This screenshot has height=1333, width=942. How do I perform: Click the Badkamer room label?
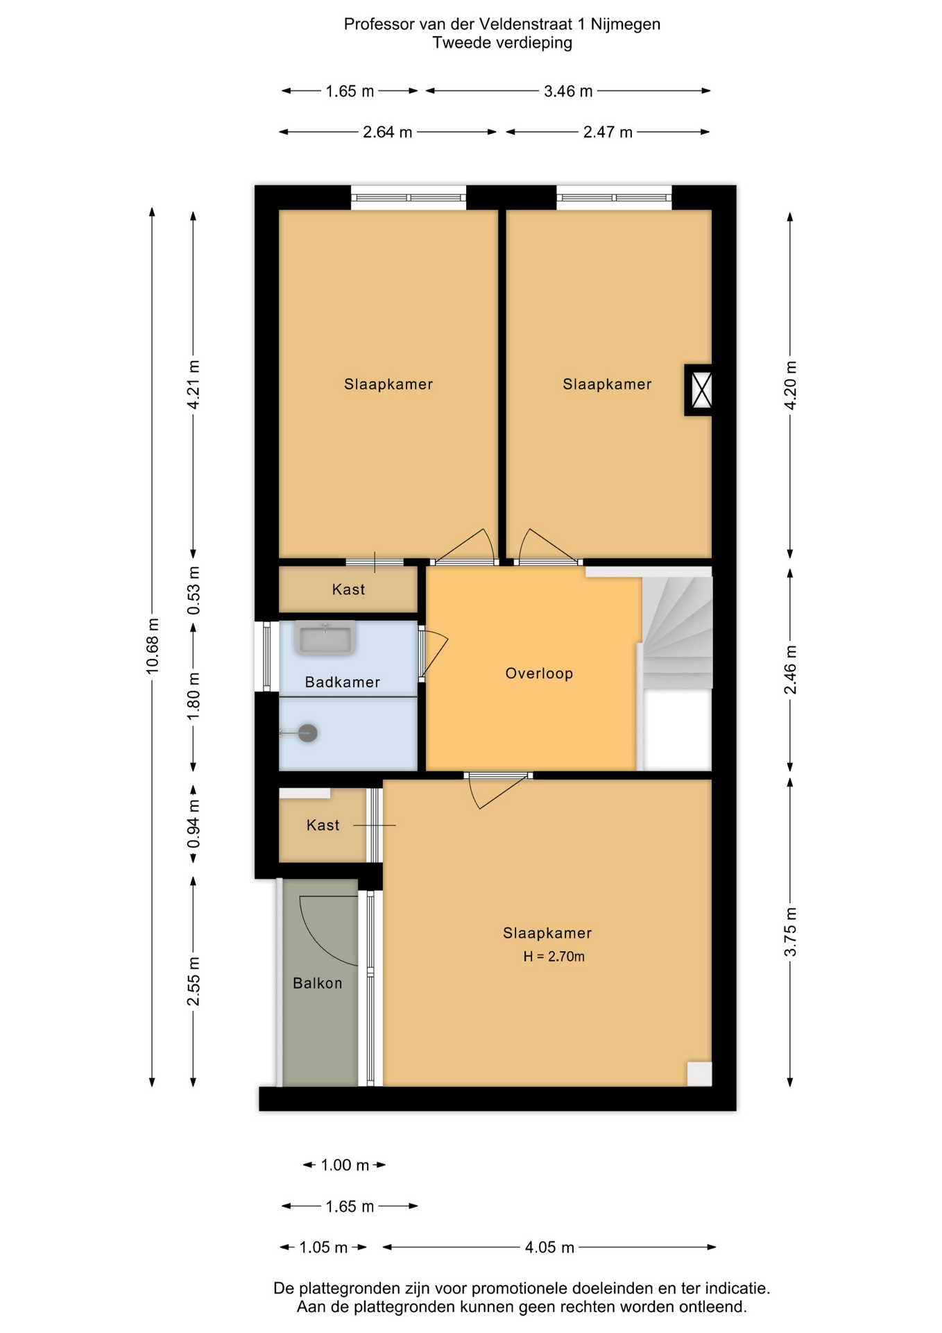(342, 682)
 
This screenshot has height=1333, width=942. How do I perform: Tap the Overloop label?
(539, 673)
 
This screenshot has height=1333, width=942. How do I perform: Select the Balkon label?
(318, 983)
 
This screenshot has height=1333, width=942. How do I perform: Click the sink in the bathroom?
(325, 638)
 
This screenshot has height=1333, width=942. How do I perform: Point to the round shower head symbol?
(308, 732)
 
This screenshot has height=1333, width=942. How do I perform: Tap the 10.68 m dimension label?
(153, 646)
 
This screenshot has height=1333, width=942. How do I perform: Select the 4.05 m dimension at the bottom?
(549, 1248)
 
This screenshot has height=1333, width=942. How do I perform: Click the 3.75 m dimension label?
(790, 932)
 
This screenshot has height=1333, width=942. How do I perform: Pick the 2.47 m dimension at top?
(608, 132)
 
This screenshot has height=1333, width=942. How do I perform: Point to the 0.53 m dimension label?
(194, 590)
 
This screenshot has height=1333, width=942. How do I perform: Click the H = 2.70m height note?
(554, 957)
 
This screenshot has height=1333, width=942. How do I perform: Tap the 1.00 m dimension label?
(345, 1165)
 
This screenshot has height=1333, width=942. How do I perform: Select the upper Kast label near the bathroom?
(348, 589)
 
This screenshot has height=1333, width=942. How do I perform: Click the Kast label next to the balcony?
(323, 825)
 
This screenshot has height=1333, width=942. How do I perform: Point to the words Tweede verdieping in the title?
(502, 43)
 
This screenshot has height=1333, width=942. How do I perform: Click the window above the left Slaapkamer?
(408, 198)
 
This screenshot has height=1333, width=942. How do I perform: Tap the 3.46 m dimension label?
(568, 91)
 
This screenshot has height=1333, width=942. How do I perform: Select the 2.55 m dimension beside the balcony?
(194, 981)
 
